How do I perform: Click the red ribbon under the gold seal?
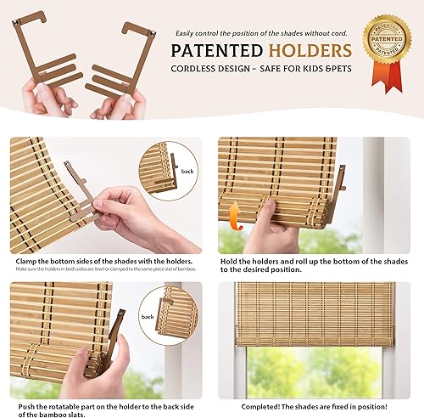388,81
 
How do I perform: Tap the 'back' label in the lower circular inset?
148,316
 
